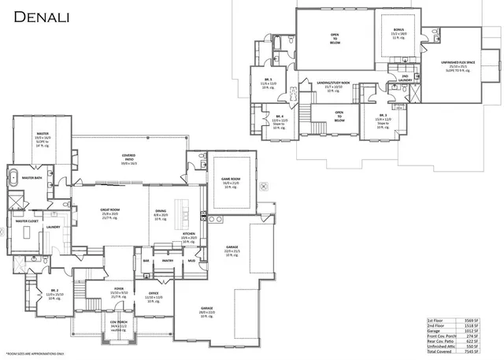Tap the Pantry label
[x=167, y=261]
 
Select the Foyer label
[x=119, y=289]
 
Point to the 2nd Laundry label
[x=403, y=79]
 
